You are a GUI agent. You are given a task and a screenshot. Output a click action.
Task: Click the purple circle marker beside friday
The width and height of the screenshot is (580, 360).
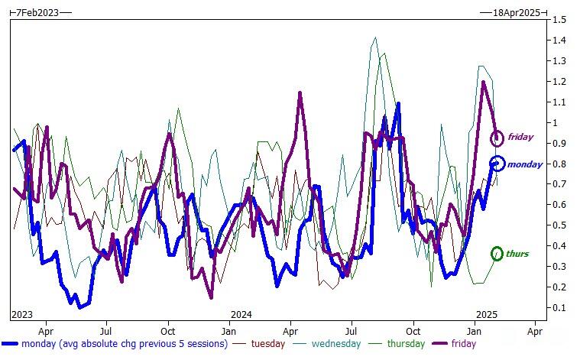[497, 138]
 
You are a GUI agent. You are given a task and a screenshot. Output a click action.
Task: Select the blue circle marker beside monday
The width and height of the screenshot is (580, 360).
[497, 163]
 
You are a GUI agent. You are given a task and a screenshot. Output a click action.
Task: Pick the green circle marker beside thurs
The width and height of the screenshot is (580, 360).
[497, 253]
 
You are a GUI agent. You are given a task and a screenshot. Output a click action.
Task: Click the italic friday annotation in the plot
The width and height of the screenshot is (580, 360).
[520, 138]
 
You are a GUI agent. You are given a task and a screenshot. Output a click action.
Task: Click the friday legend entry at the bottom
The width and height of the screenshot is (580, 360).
[462, 344]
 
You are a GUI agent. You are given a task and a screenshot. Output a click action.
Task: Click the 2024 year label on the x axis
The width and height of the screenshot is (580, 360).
[241, 314]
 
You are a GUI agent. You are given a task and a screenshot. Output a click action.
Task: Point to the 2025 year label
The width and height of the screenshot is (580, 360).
[487, 314]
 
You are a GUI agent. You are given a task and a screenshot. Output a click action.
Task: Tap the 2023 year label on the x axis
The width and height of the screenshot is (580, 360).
[23, 314]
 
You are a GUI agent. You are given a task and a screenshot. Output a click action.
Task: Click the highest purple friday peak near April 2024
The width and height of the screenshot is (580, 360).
[300, 94]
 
